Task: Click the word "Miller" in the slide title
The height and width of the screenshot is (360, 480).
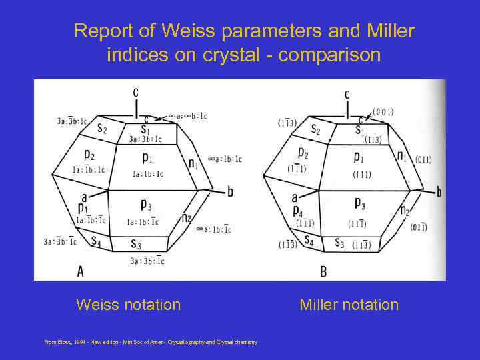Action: (x=386, y=31)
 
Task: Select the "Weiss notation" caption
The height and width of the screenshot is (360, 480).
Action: (x=128, y=305)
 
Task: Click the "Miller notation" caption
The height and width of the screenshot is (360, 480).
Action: (x=349, y=305)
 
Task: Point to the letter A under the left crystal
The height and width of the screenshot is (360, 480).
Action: (x=81, y=270)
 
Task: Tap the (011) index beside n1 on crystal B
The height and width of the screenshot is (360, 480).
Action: (x=423, y=160)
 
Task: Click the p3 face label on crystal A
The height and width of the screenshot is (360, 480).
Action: (x=147, y=204)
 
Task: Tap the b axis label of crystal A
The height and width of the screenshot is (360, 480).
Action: (x=230, y=192)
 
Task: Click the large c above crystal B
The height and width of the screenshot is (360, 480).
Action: (x=347, y=95)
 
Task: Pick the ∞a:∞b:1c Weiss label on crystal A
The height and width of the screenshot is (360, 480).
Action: (x=188, y=116)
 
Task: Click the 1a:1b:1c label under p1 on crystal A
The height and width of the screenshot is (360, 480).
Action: (x=147, y=174)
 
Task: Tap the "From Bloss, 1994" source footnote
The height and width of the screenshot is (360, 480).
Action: (x=150, y=342)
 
